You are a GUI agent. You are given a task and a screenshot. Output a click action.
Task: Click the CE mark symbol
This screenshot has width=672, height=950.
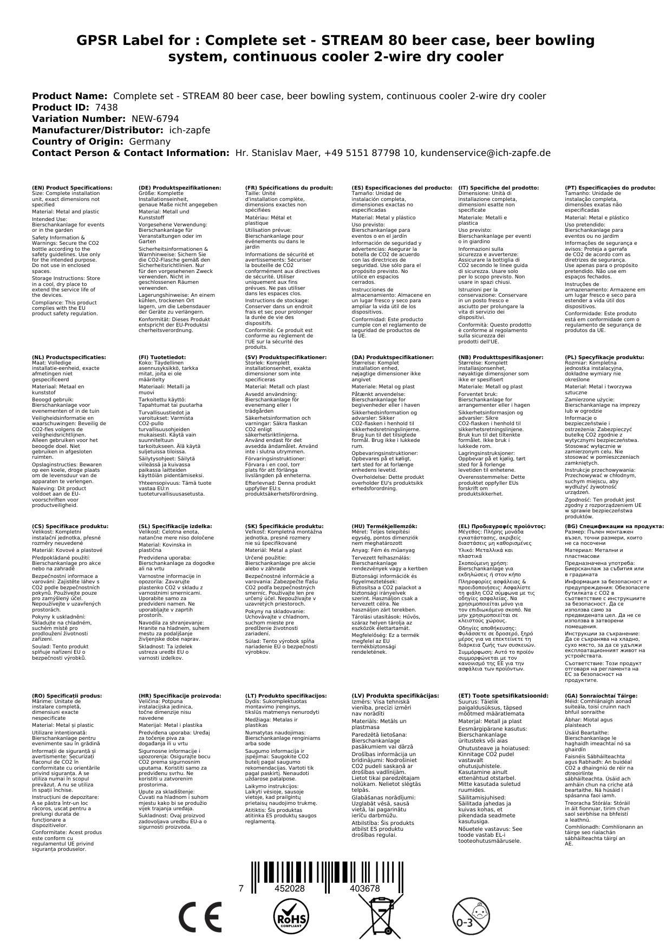tap(200, 917)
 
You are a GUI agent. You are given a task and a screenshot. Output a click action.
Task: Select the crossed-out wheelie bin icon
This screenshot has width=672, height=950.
tap(382, 915)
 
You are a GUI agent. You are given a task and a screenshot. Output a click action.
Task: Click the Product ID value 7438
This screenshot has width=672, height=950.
tap(106, 107)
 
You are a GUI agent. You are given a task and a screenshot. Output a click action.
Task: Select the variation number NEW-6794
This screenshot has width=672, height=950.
tap(155, 119)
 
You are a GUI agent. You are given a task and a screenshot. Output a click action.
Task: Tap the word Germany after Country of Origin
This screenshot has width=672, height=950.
tap(149, 141)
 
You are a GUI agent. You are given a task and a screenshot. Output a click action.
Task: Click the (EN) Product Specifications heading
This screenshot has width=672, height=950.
tap(72, 188)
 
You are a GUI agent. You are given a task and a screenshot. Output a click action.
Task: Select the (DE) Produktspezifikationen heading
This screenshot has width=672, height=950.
tap(180, 188)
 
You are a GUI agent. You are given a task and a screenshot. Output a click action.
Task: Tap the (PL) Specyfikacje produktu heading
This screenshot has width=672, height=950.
tap(604, 357)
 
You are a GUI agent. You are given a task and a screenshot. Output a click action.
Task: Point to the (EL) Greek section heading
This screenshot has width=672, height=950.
tap(501, 526)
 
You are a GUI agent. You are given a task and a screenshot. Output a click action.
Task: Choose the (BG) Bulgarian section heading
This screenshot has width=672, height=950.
tap(614, 526)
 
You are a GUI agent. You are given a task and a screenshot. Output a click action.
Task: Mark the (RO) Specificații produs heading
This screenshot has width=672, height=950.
tap(67, 695)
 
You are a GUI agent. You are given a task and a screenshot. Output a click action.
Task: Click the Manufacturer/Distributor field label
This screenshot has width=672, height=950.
tap(97, 130)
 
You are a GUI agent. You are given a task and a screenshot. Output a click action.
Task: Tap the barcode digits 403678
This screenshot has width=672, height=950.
tap(365, 889)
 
